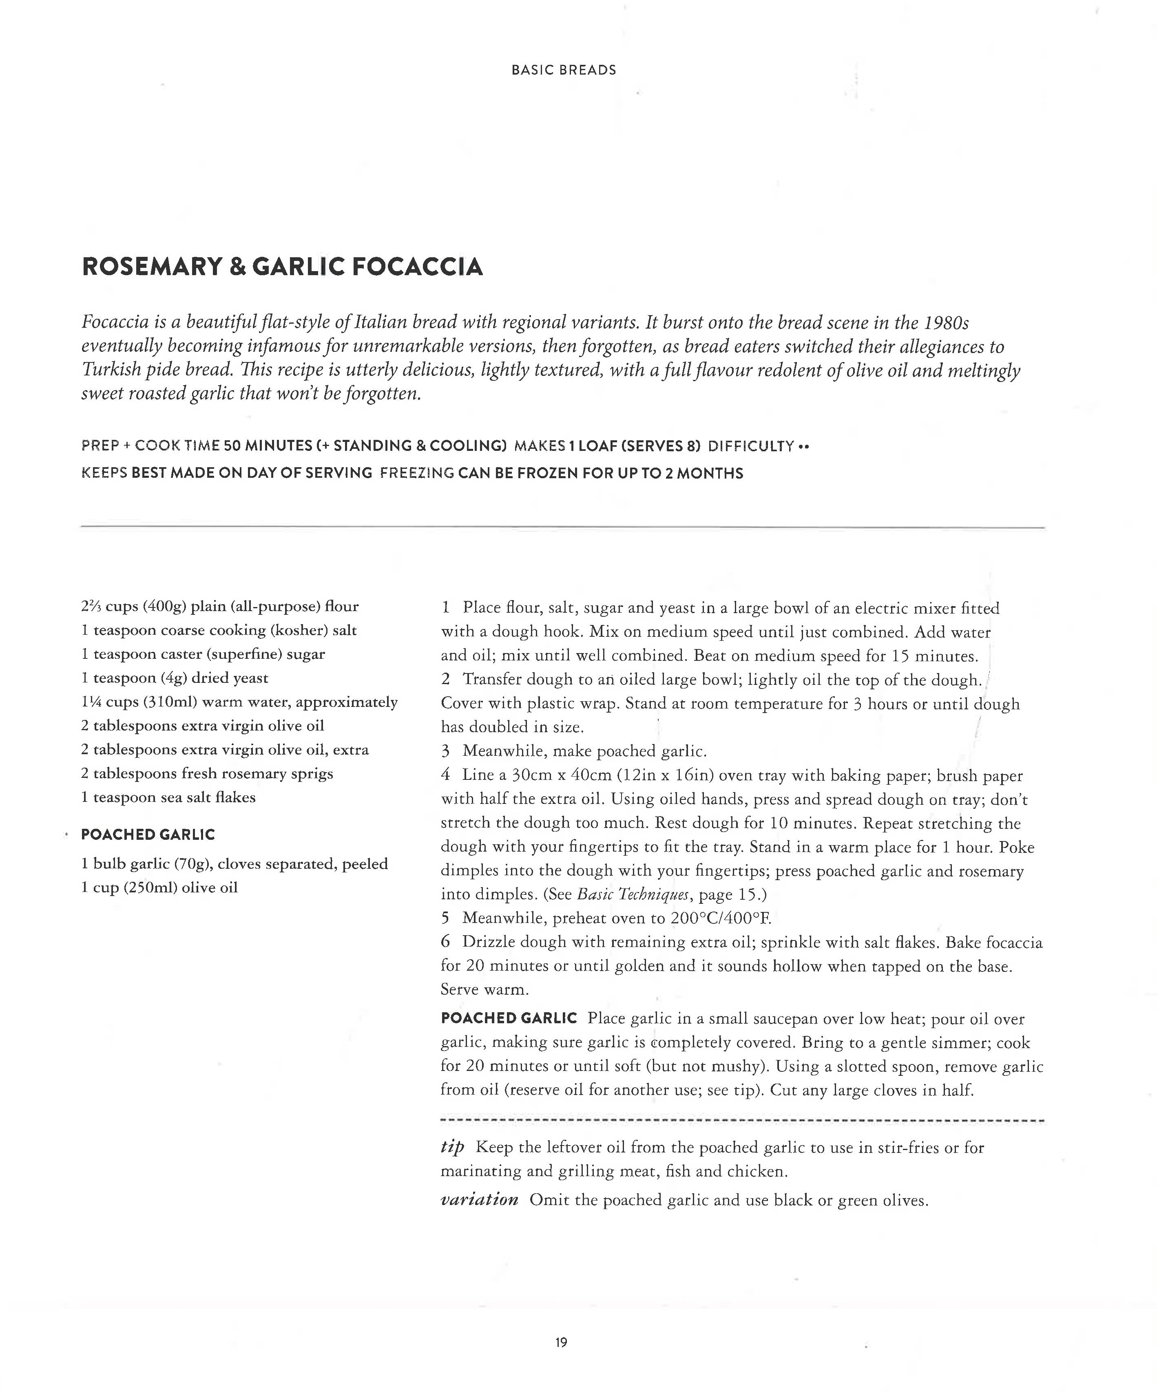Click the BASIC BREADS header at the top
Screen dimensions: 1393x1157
coord(563,70)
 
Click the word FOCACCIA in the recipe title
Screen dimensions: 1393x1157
coord(417,267)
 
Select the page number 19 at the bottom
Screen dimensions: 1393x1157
coord(561,1342)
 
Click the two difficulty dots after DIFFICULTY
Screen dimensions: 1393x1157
coord(804,446)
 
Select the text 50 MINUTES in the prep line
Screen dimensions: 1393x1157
coord(268,446)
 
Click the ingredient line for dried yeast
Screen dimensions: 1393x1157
coord(175,678)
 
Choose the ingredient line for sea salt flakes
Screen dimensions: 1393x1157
coord(168,797)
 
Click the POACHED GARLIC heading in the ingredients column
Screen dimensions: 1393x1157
coord(148,834)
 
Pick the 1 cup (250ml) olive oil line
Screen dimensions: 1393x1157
coord(159,887)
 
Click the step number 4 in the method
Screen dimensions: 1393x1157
coord(446,775)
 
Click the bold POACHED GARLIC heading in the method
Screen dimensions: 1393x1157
coord(509,1018)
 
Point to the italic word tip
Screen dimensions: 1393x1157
coord(452,1148)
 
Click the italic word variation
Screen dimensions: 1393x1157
coord(479,1200)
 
